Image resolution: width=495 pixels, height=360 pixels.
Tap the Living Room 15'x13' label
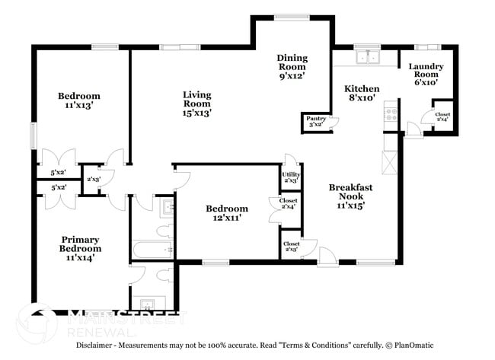click(x=196, y=104)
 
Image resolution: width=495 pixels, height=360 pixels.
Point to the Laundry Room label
click(x=426, y=75)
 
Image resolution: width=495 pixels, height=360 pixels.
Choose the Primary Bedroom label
click(x=80, y=248)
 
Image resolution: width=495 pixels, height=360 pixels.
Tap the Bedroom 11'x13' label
click(x=79, y=101)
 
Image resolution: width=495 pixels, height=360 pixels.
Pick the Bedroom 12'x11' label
click(x=227, y=213)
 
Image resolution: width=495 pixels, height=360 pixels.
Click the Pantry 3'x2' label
click(x=315, y=121)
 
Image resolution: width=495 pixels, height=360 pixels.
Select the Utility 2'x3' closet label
click(x=291, y=177)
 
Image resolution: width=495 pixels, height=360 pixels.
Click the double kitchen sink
click(x=368, y=58)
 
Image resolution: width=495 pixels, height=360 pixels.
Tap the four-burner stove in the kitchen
click(x=392, y=114)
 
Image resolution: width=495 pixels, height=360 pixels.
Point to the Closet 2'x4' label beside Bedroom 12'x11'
click(x=289, y=204)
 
